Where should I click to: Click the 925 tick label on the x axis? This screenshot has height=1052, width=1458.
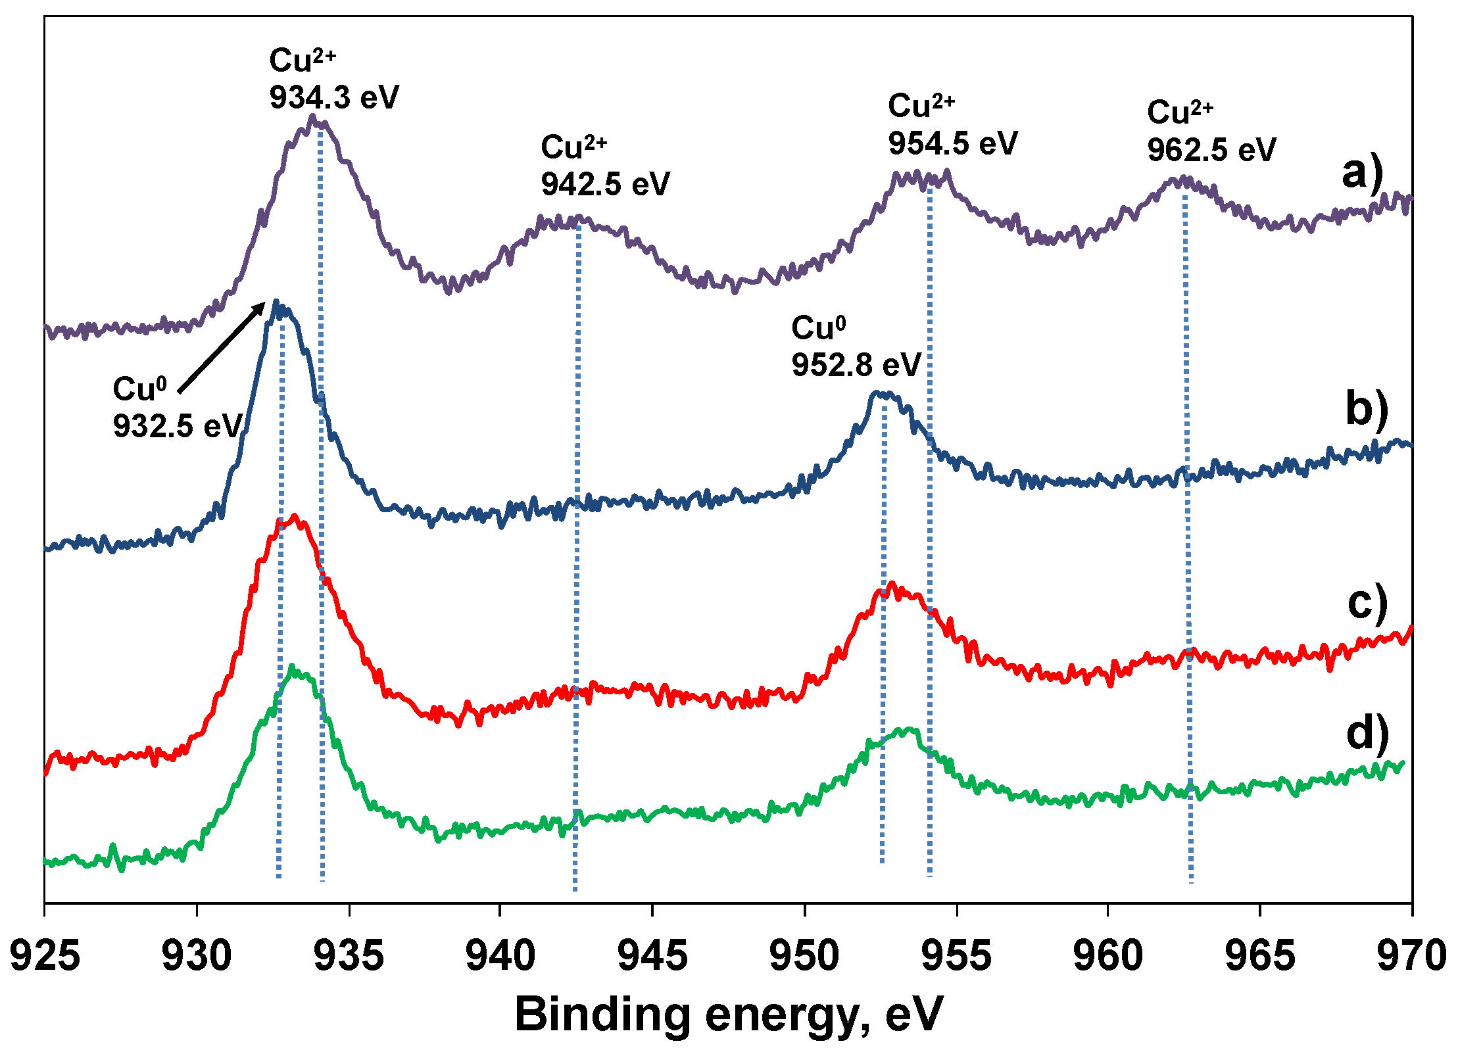click(45, 956)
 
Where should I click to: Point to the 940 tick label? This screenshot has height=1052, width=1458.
click(500, 956)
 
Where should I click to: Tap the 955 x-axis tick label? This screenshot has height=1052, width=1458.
click(956, 956)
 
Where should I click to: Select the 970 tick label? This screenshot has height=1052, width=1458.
click(1411, 956)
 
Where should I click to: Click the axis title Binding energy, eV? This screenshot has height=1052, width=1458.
click(729, 1015)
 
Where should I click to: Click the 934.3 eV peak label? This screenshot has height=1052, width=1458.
click(334, 97)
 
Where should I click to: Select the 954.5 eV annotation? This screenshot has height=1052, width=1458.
click(952, 143)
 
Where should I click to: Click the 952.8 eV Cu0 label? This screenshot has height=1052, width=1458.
click(856, 364)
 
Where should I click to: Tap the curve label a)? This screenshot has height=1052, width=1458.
click(1363, 173)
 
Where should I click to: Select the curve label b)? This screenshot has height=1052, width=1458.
click(1367, 408)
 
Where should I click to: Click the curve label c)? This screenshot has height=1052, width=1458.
click(1367, 602)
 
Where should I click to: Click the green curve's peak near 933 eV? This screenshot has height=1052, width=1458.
click(291, 667)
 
